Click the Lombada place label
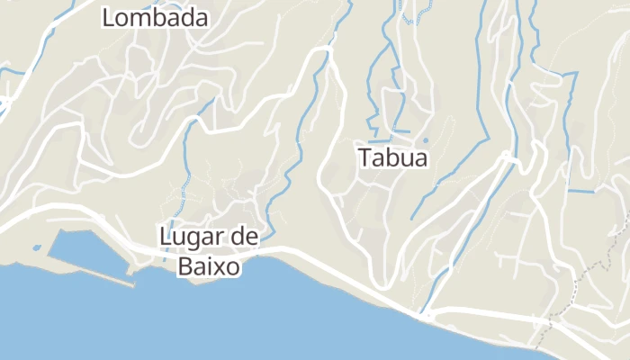[x=155, y=17]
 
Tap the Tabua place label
[x=392, y=158]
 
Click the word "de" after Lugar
[x=241, y=237]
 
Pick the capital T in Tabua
[x=365, y=158]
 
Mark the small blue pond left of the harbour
[x=36, y=247]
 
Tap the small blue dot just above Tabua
[x=425, y=139]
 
